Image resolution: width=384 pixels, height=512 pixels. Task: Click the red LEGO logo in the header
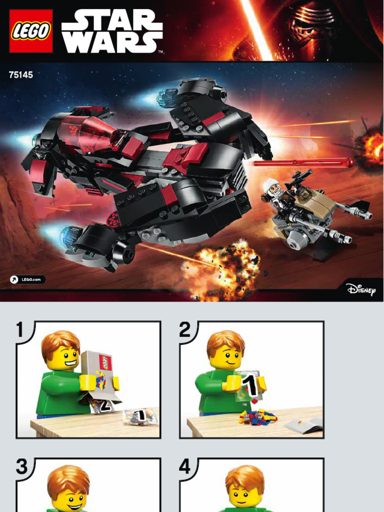[x=31, y=31]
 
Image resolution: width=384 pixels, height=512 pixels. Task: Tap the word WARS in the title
[x=112, y=42]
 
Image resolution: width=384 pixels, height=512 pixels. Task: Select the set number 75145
[x=21, y=75]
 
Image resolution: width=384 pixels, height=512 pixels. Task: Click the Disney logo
[x=361, y=289]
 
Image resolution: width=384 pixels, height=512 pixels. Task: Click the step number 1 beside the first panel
[x=20, y=330]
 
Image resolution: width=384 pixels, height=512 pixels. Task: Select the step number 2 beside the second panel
[x=184, y=330]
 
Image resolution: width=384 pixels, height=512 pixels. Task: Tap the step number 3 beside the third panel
[x=22, y=466]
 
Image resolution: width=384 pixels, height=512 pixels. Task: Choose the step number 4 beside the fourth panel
[x=185, y=466]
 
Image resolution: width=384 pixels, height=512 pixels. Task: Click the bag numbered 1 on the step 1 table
[x=139, y=416]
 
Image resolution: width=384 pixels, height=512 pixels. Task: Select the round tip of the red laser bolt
[x=350, y=161]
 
